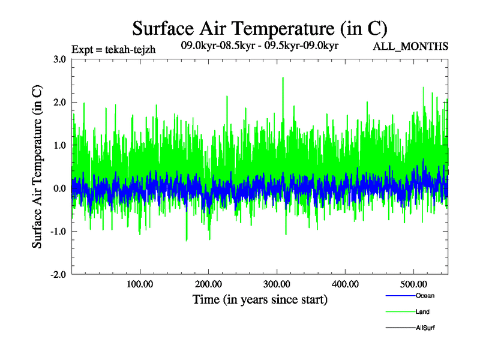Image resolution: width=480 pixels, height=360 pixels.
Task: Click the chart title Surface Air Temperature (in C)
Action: click(x=259, y=28)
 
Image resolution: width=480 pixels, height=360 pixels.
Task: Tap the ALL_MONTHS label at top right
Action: click(x=411, y=46)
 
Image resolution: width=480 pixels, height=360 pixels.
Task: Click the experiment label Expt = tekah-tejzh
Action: click(x=113, y=50)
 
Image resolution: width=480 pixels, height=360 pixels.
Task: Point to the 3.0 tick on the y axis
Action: click(x=59, y=59)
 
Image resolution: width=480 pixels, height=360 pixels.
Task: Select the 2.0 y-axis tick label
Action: click(x=59, y=103)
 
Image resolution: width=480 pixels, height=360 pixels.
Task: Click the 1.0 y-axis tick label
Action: click(x=59, y=145)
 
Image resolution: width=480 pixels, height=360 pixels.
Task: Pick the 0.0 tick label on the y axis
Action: click(x=59, y=188)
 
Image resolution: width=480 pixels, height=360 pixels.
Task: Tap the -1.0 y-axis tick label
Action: click(x=58, y=232)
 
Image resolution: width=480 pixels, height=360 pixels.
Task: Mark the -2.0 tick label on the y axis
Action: click(x=58, y=274)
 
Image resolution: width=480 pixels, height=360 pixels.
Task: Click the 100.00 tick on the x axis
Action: click(x=140, y=284)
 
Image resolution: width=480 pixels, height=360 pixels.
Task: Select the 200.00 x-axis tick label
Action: click(x=208, y=284)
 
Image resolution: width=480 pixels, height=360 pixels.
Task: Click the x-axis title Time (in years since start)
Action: click(x=260, y=299)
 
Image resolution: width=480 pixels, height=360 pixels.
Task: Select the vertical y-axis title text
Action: click(x=37, y=167)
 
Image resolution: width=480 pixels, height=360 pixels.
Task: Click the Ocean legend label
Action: click(x=425, y=296)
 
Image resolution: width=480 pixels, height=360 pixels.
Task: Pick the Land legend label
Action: click(x=422, y=312)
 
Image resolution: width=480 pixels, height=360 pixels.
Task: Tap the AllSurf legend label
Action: click(x=425, y=328)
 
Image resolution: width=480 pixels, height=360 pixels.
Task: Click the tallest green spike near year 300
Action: click(x=283, y=79)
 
